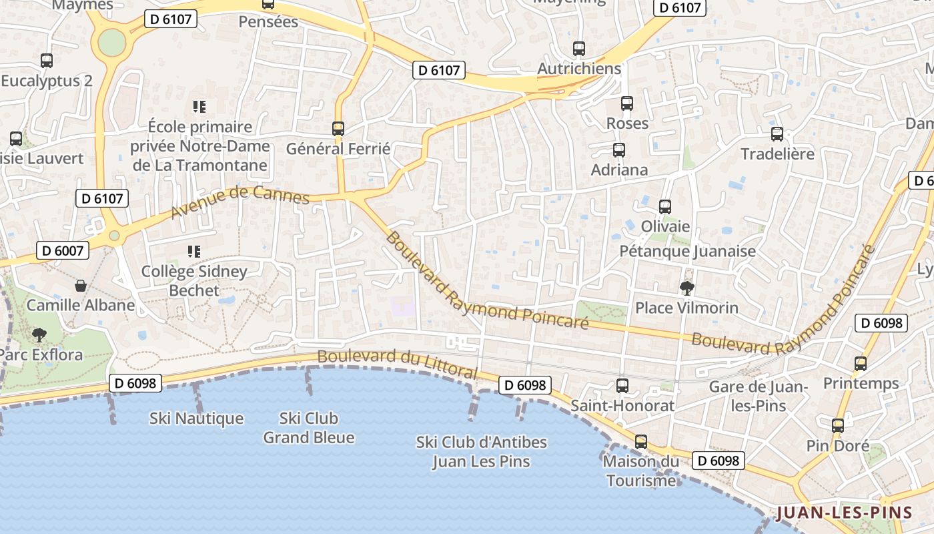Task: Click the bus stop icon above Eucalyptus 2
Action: coord(47,61)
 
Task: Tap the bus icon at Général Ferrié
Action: coord(338,128)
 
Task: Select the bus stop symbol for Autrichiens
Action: coord(579,49)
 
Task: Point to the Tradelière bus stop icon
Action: coord(777,134)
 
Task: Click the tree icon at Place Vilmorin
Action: coord(686,288)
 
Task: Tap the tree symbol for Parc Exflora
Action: coord(39,334)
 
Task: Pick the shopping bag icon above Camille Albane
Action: coord(81,286)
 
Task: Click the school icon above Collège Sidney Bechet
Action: coord(194,252)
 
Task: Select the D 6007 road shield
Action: coord(62,251)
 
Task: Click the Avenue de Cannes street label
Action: coord(240,202)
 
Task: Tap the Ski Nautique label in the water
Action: coord(196,419)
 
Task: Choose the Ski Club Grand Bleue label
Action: coord(309,428)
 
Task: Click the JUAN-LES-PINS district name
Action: coord(844,513)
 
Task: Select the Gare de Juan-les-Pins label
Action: coord(758,396)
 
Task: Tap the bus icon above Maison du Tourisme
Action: coord(641,442)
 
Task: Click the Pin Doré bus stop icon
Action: coord(838,426)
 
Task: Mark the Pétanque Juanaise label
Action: coord(688,251)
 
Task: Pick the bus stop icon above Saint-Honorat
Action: coord(622,385)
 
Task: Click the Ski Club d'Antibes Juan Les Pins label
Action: coord(481,451)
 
